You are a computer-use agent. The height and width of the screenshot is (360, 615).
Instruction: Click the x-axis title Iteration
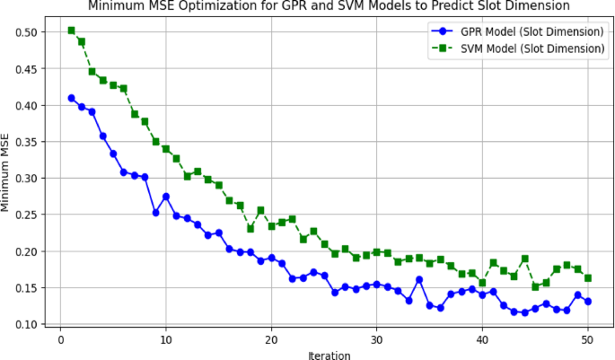[x=329, y=354]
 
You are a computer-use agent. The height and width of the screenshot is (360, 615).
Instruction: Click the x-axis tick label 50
[x=588, y=338]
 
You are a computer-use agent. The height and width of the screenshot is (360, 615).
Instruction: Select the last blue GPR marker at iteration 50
[x=588, y=302]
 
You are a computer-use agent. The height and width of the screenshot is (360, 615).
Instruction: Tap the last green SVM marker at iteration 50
[x=588, y=278]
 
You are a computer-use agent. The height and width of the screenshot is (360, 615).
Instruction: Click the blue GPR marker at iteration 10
[x=166, y=197]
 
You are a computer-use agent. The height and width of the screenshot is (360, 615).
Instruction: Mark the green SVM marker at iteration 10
[x=166, y=149]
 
